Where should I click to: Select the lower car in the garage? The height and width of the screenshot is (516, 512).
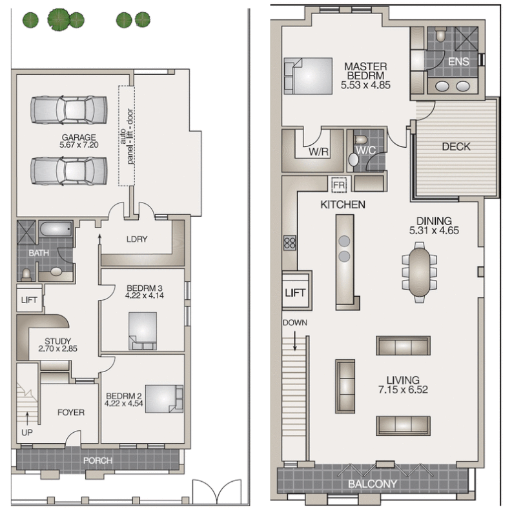click(69, 171)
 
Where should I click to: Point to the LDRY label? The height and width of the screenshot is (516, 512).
click(137, 239)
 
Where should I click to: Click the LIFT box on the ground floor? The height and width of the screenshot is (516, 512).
click(28, 300)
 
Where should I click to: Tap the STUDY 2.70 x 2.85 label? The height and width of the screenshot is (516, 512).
click(57, 346)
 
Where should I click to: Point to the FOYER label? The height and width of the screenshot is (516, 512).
click(70, 412)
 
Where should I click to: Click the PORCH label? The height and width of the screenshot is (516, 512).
click(97, 461)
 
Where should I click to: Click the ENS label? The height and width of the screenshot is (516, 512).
click(459, 61)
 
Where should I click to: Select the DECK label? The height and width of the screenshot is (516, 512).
click(456, 146)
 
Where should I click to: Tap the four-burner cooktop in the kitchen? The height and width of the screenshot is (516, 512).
click(290, 244)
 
